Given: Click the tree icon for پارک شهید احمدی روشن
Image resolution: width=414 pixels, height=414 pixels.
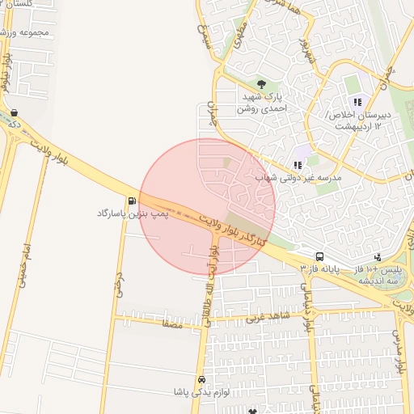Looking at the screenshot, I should [260, 83].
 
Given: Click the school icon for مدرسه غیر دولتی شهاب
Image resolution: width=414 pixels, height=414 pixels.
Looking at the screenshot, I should [298, 165].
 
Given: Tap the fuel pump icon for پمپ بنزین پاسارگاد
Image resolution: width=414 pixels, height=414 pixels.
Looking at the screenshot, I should [131, 201].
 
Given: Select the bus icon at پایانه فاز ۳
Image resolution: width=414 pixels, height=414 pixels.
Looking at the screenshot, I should [320, 256].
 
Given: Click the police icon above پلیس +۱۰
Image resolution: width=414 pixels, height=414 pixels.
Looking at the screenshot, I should [378, 257].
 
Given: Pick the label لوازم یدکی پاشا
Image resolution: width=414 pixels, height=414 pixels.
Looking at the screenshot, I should [202, 392].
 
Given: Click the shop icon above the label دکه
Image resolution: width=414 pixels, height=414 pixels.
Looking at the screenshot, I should [15, 112].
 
